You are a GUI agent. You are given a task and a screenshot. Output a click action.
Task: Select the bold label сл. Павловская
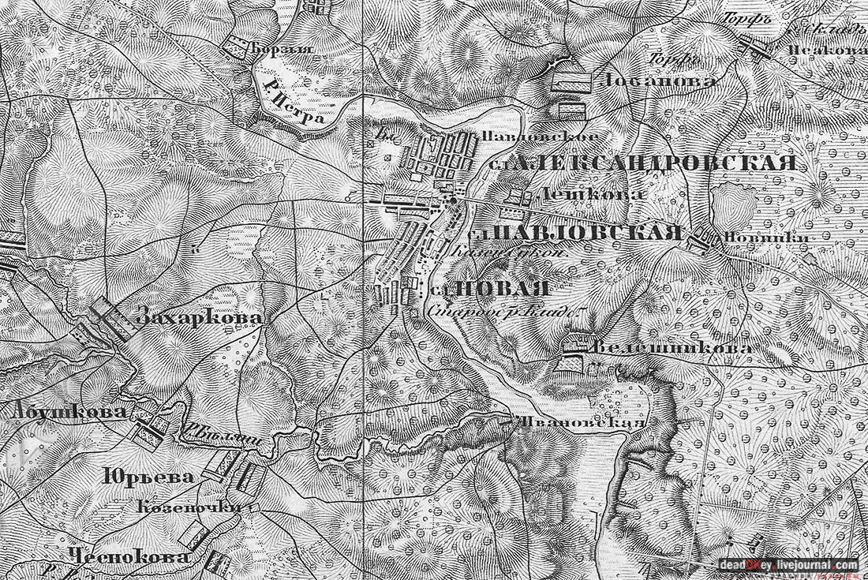[576, 232]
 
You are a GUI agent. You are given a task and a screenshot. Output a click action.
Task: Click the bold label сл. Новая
[492, 289]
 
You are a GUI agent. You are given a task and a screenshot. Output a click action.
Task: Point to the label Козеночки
[190, 506]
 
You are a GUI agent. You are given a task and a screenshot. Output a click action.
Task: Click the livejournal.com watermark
[788, 564]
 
